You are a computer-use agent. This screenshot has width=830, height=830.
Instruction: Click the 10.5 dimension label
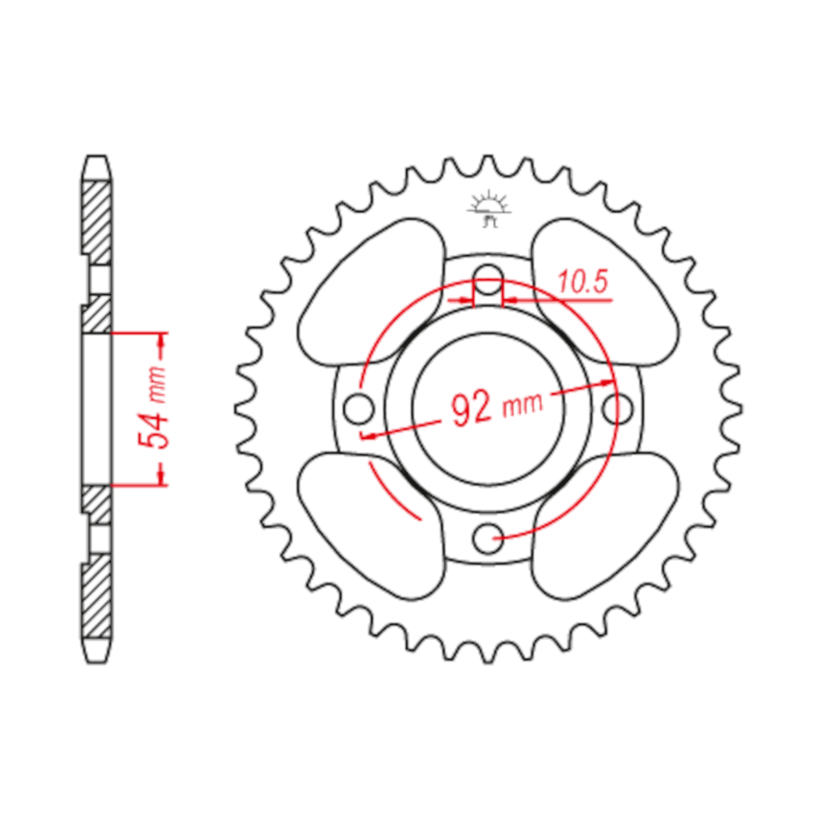coord(584,282)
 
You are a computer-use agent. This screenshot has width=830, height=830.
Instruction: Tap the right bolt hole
coord(620,407)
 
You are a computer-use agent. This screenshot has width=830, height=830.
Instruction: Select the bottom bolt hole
coord(488,538)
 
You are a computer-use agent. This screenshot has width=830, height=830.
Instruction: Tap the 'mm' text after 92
coord(522,403)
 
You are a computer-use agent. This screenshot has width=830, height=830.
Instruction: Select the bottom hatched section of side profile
coord(97,605)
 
